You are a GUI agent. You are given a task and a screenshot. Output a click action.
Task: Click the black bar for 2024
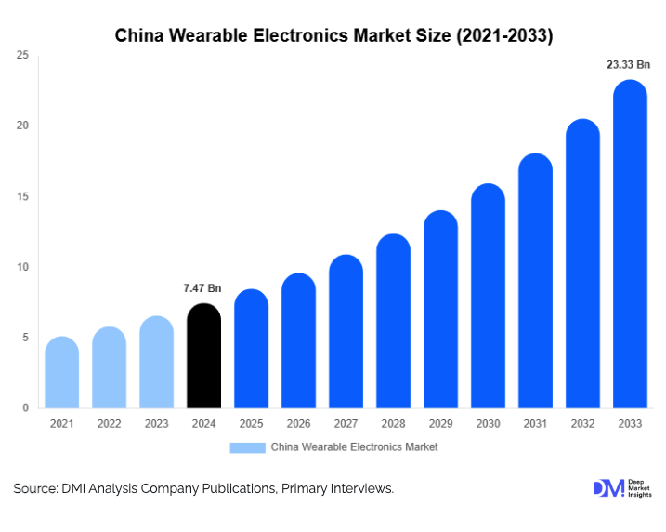click(x=203, y=356)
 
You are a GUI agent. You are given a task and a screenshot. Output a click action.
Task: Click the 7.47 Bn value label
click(x=202, y=288)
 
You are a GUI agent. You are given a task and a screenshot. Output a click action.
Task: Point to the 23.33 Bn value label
click(x=628, y=65)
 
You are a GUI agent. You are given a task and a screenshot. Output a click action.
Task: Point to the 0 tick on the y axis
click(x=25, y=407)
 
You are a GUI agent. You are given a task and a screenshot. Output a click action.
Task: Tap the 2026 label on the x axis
click(x=298, y=424)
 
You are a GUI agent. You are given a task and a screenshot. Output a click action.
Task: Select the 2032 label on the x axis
click(x=582, y=424)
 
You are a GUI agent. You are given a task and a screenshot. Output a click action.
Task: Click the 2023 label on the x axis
click(x=156, y=424)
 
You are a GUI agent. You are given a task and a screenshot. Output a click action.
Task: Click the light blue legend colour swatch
click(x=248, y=447)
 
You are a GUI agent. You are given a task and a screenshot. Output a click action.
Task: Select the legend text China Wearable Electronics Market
click(x=354, y=447)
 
